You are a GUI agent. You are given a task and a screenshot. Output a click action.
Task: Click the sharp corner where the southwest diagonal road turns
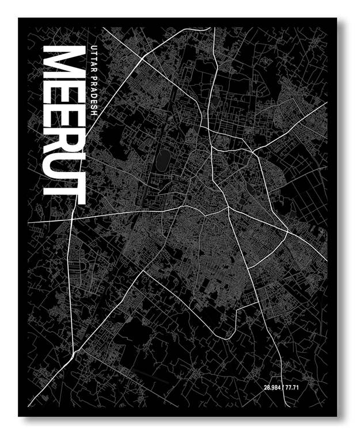[143, 271]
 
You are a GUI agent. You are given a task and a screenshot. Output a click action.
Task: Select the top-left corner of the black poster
[19, 19]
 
